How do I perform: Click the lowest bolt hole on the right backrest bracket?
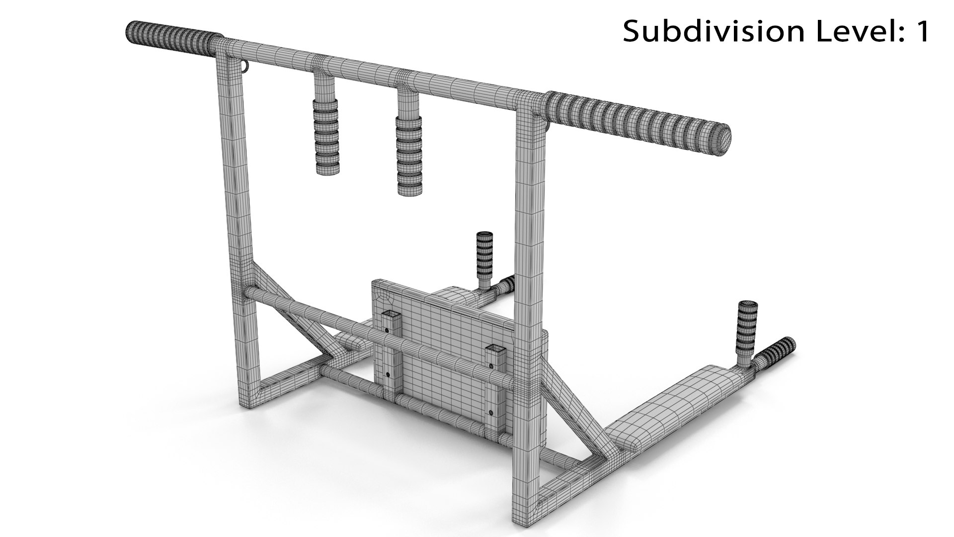point(491,412)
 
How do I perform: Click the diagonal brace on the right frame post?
point(571,403)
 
